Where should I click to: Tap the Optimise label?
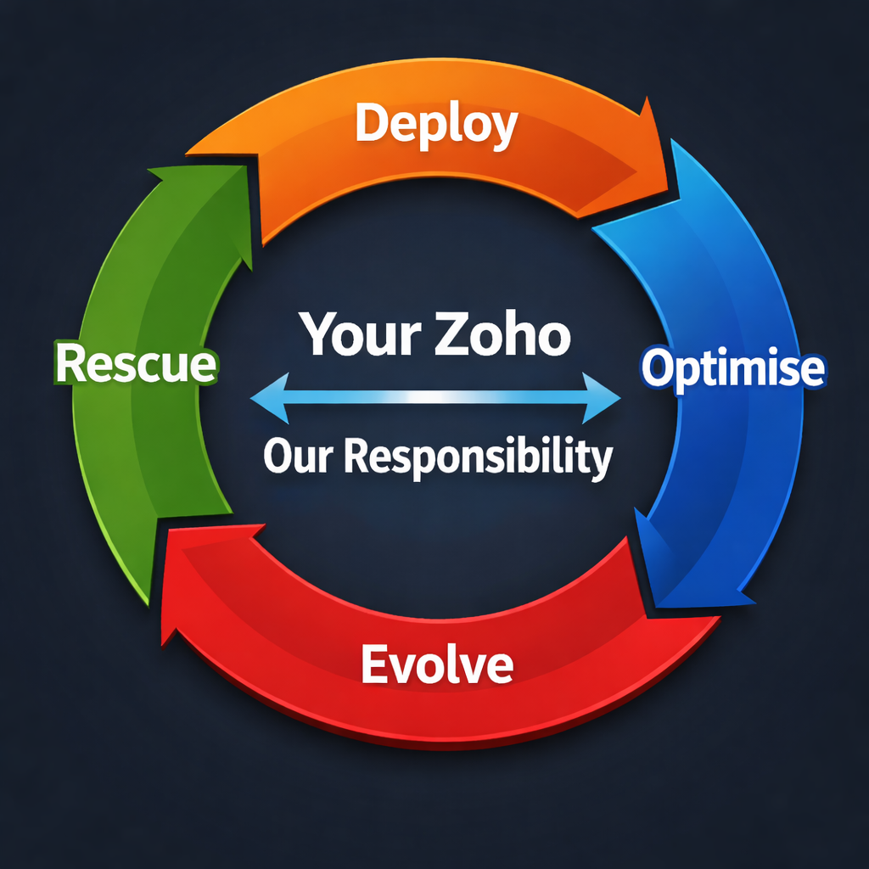[732, 369]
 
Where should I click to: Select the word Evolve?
[437, 664]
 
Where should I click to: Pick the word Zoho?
[502, 334]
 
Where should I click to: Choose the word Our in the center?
[298, 457]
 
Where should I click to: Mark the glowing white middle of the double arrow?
[435, 397]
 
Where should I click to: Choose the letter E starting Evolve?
[375, 664]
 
